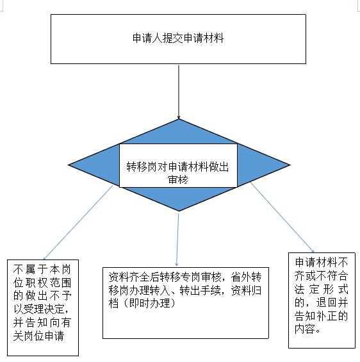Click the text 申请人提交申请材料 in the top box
coord(178,38)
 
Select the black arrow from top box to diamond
coord(179,92)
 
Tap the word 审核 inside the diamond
coord(178,179)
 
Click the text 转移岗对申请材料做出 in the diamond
coord(177,167)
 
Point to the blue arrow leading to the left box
coord(78,222)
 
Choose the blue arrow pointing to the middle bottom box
coord(177,240)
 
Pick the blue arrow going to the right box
coord(282,217)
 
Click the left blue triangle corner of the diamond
coord(68,165)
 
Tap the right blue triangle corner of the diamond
coord(290,165)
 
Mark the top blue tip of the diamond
coord(179,119)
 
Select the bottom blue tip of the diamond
coord(179,211)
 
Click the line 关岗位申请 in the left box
coord(38,336)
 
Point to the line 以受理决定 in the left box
coord(39,309)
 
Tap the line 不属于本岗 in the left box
coord(42,269)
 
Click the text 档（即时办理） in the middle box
coord(142,303)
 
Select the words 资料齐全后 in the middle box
coord(134,277)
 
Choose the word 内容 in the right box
coord(305,329)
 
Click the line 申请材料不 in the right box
coord(322,262)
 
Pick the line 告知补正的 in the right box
coord(321,316)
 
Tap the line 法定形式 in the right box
coord(322,289)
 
